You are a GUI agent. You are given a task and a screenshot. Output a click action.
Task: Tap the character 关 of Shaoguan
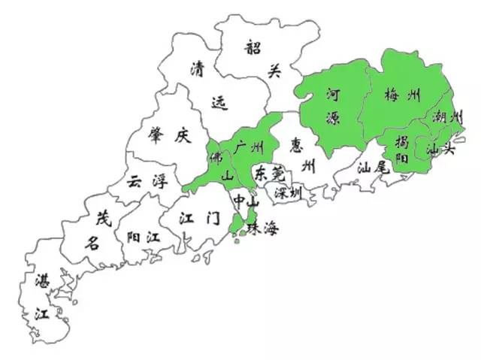pos(274,72)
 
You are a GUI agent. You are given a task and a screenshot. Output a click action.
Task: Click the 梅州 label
pos(402,95)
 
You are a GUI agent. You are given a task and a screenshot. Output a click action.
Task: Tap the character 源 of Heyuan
pos(333,117)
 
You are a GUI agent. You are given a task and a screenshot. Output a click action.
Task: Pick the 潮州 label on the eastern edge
pos(447,117)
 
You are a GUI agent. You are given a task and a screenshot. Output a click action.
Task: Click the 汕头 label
pos(440,149)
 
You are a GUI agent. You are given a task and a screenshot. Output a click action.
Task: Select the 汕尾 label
pos(372,166)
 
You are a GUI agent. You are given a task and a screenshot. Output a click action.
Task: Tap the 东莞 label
pos(268,173)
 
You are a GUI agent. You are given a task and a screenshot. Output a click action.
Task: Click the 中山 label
pos(246,201)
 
